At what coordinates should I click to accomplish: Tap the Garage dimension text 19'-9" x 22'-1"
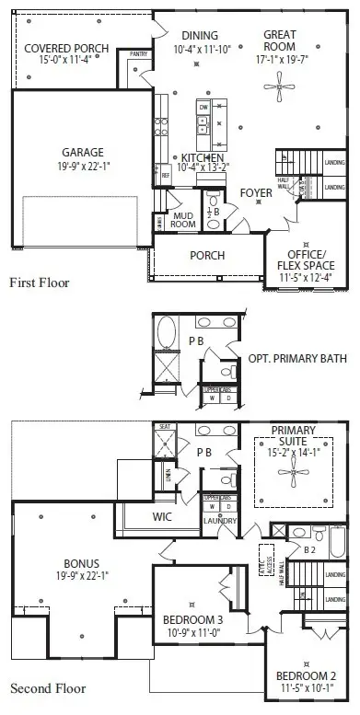(84, 167)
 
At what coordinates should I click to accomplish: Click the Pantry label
(139, 54)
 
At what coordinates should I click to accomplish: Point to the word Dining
(200, 34)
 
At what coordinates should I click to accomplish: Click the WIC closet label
(164, 517)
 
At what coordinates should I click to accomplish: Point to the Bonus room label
(82, 562)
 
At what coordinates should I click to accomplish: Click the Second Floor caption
(48, 688)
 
